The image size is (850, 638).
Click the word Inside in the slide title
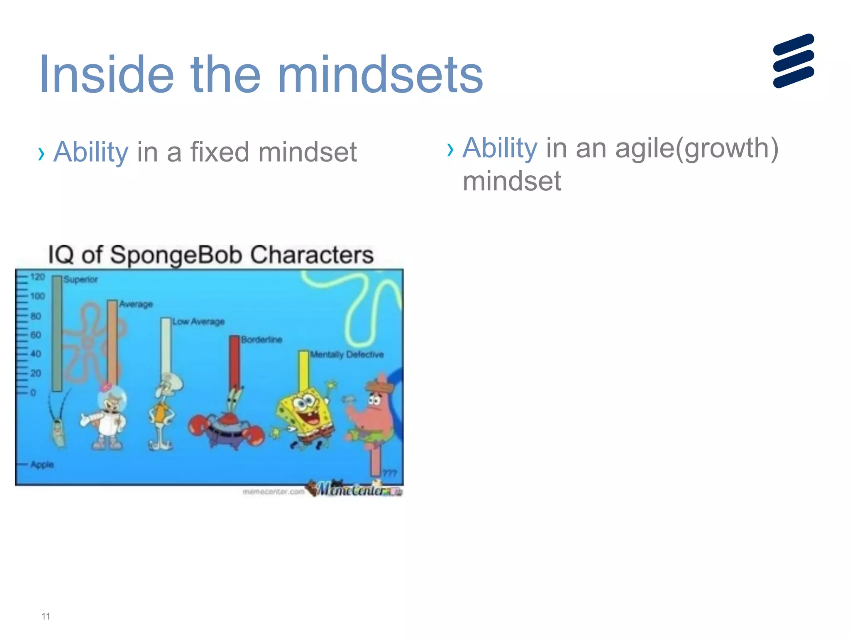[106, 75]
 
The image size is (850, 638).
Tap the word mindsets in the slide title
[380, 75]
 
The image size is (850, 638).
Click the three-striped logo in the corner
[794, 61]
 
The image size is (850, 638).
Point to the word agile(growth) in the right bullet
[696, 148]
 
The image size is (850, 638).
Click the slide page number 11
[46, 616]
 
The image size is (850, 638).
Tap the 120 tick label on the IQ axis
[37, 277]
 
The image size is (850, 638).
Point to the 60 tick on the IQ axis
[36, 335]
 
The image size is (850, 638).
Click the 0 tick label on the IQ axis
[33, 393]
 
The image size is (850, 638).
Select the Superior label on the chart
[81, 280]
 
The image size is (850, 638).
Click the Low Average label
[198, 322]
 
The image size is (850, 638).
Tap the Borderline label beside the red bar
[261, 340]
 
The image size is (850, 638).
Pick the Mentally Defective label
[347, 355]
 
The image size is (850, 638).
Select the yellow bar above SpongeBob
[304, 370]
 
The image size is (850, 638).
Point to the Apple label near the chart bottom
[42, 464]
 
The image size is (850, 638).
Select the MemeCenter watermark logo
[353, 490]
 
